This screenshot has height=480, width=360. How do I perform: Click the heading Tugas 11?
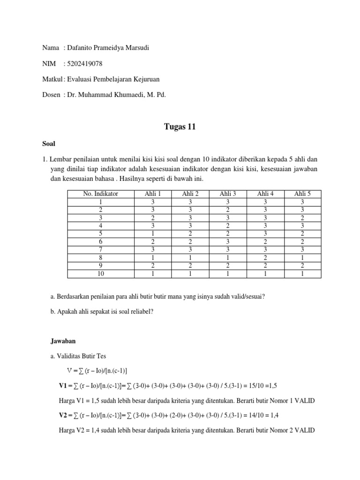pos(180,126)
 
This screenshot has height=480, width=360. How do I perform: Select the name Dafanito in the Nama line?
pos(83,48)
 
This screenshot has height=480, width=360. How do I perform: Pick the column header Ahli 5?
pos(302,194)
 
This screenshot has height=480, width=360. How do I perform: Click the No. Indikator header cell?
pos(100,194)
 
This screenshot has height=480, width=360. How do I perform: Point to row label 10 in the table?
pos(100,274)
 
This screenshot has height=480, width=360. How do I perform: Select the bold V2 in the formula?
pos(63,415)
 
